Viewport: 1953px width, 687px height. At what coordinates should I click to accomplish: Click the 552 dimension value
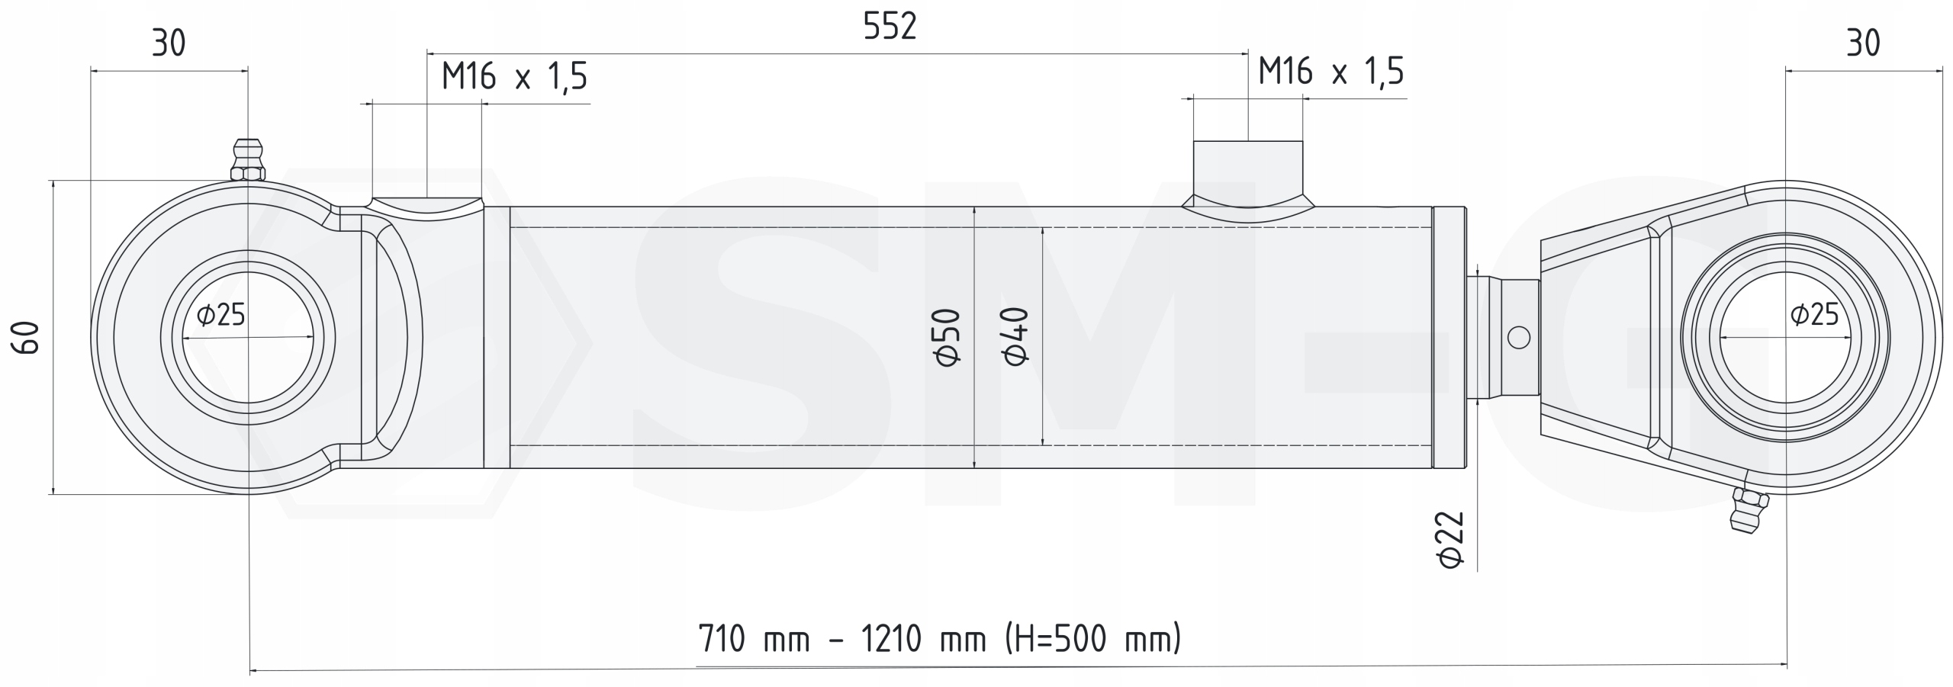point(890,27)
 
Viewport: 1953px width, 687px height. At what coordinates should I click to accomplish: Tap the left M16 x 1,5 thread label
point(515,77)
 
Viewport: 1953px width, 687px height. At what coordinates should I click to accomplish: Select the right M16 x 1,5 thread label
point(1331,72)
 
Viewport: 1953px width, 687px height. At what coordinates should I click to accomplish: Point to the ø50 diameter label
point(948,337)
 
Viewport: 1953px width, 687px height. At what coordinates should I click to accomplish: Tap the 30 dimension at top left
point(169,43)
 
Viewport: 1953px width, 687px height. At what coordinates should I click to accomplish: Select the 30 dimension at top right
point(1863,43)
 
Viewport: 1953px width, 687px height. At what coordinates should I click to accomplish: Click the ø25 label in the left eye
point(221,314)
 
